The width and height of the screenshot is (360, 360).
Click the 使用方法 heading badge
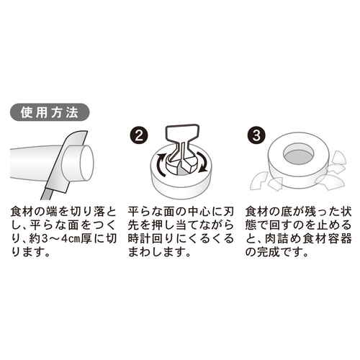pyautogui.click(x=50, y=112)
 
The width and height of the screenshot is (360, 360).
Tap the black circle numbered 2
pyautogui.click(x=140, y=135)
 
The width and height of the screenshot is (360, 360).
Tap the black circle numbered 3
pyautogui.click(x=257, y=135)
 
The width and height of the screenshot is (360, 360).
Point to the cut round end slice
pyautogui.click(x=77, y=163)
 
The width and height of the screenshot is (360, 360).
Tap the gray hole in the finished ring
pyautogui.click(x=298, y=156)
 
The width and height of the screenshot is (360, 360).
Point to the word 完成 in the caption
pyautogui.click(x=269, y=253)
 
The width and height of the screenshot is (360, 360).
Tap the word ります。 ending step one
pyautogui.click(x=30, y=253)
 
